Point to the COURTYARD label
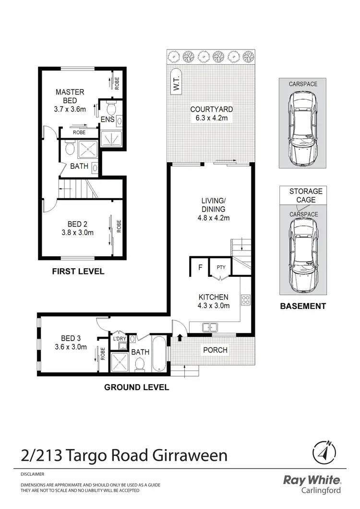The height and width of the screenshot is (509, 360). (209, 109)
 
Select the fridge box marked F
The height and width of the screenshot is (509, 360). (199, 268)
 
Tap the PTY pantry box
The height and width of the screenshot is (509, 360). (221, 268)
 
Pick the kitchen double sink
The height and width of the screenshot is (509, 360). (210, 328)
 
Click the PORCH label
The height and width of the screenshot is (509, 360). (215, 350)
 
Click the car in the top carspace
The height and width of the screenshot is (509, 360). (302, 127)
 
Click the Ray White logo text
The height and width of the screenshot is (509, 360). (312, 480)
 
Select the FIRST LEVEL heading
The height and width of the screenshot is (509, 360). (78, 272)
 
